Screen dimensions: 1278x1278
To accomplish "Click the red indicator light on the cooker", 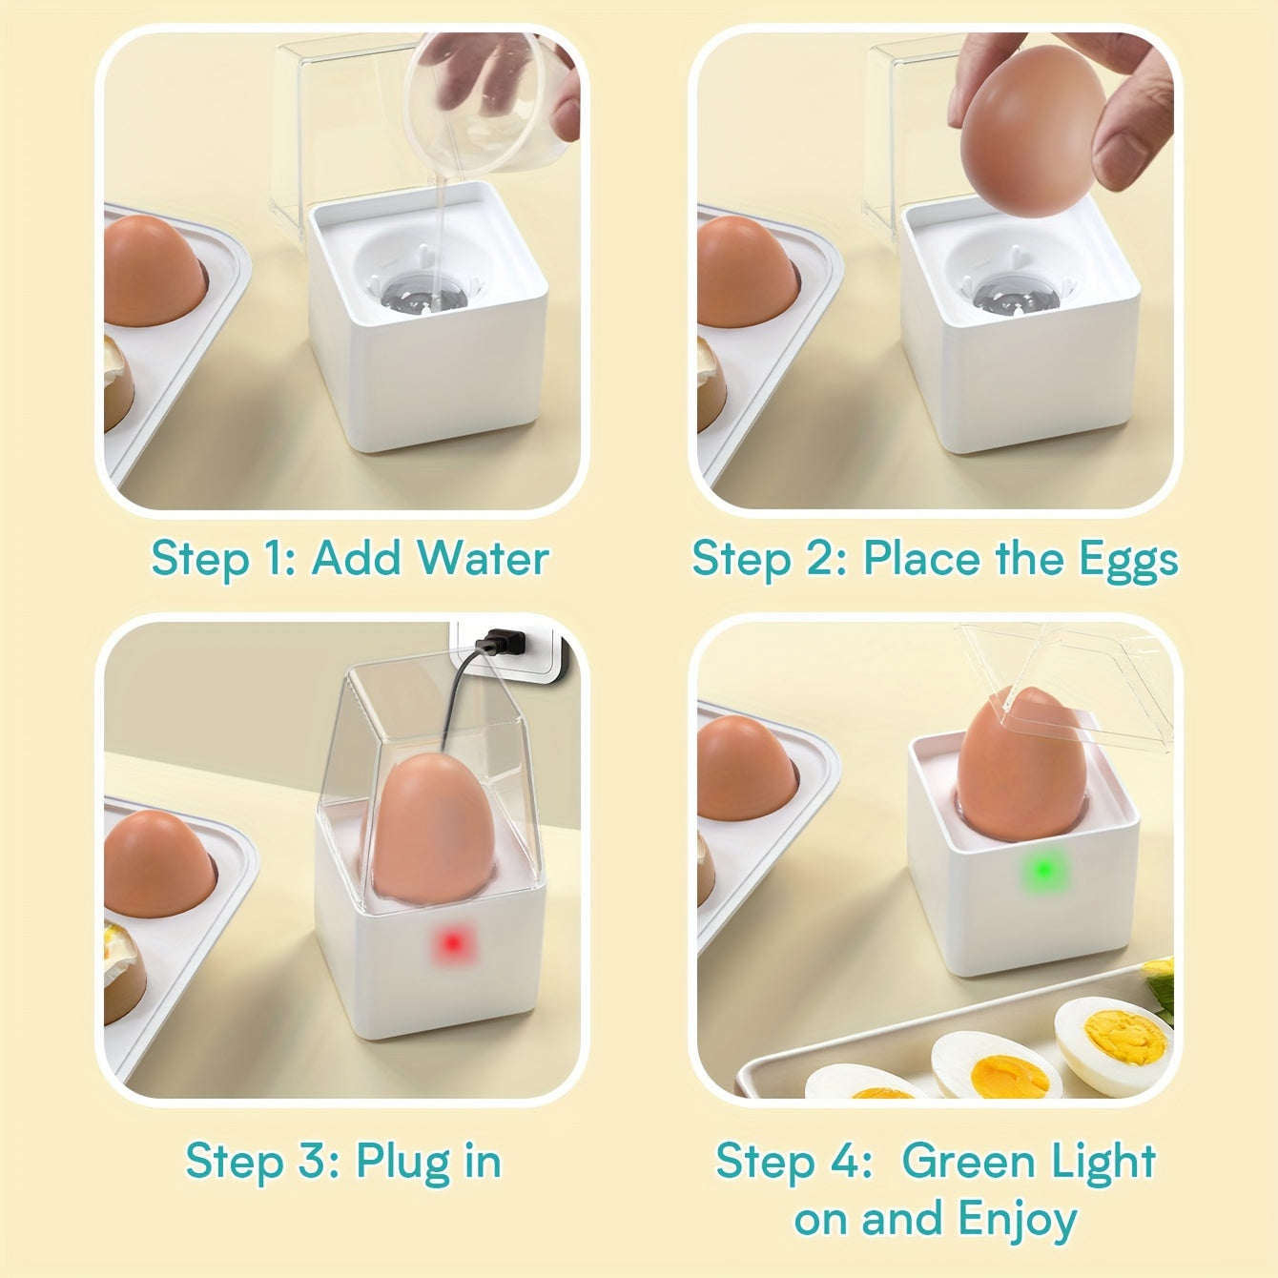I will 452,943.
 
